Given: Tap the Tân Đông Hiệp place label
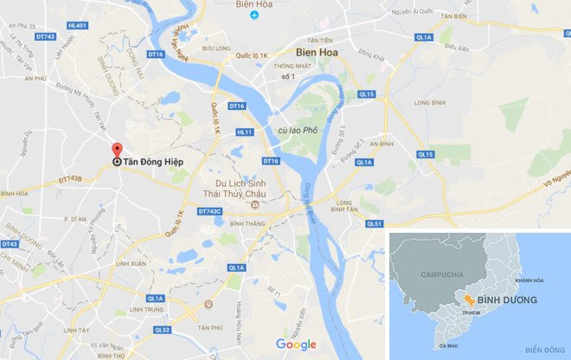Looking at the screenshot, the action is click(x=152, y=161).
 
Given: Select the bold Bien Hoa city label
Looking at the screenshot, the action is click(x=317, y=51).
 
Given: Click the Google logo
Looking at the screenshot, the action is click(x=297, y=344).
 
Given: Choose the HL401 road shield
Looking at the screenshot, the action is click(x=79, y=26).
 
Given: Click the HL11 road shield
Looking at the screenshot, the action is click(x=245, y=132).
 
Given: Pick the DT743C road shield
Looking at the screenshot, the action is click(x=210, y=211).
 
